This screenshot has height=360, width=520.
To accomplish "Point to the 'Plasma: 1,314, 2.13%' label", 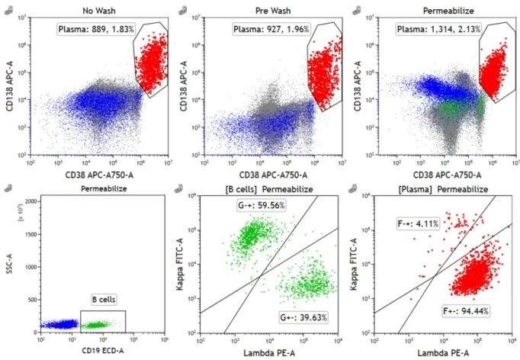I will (436, 29).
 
